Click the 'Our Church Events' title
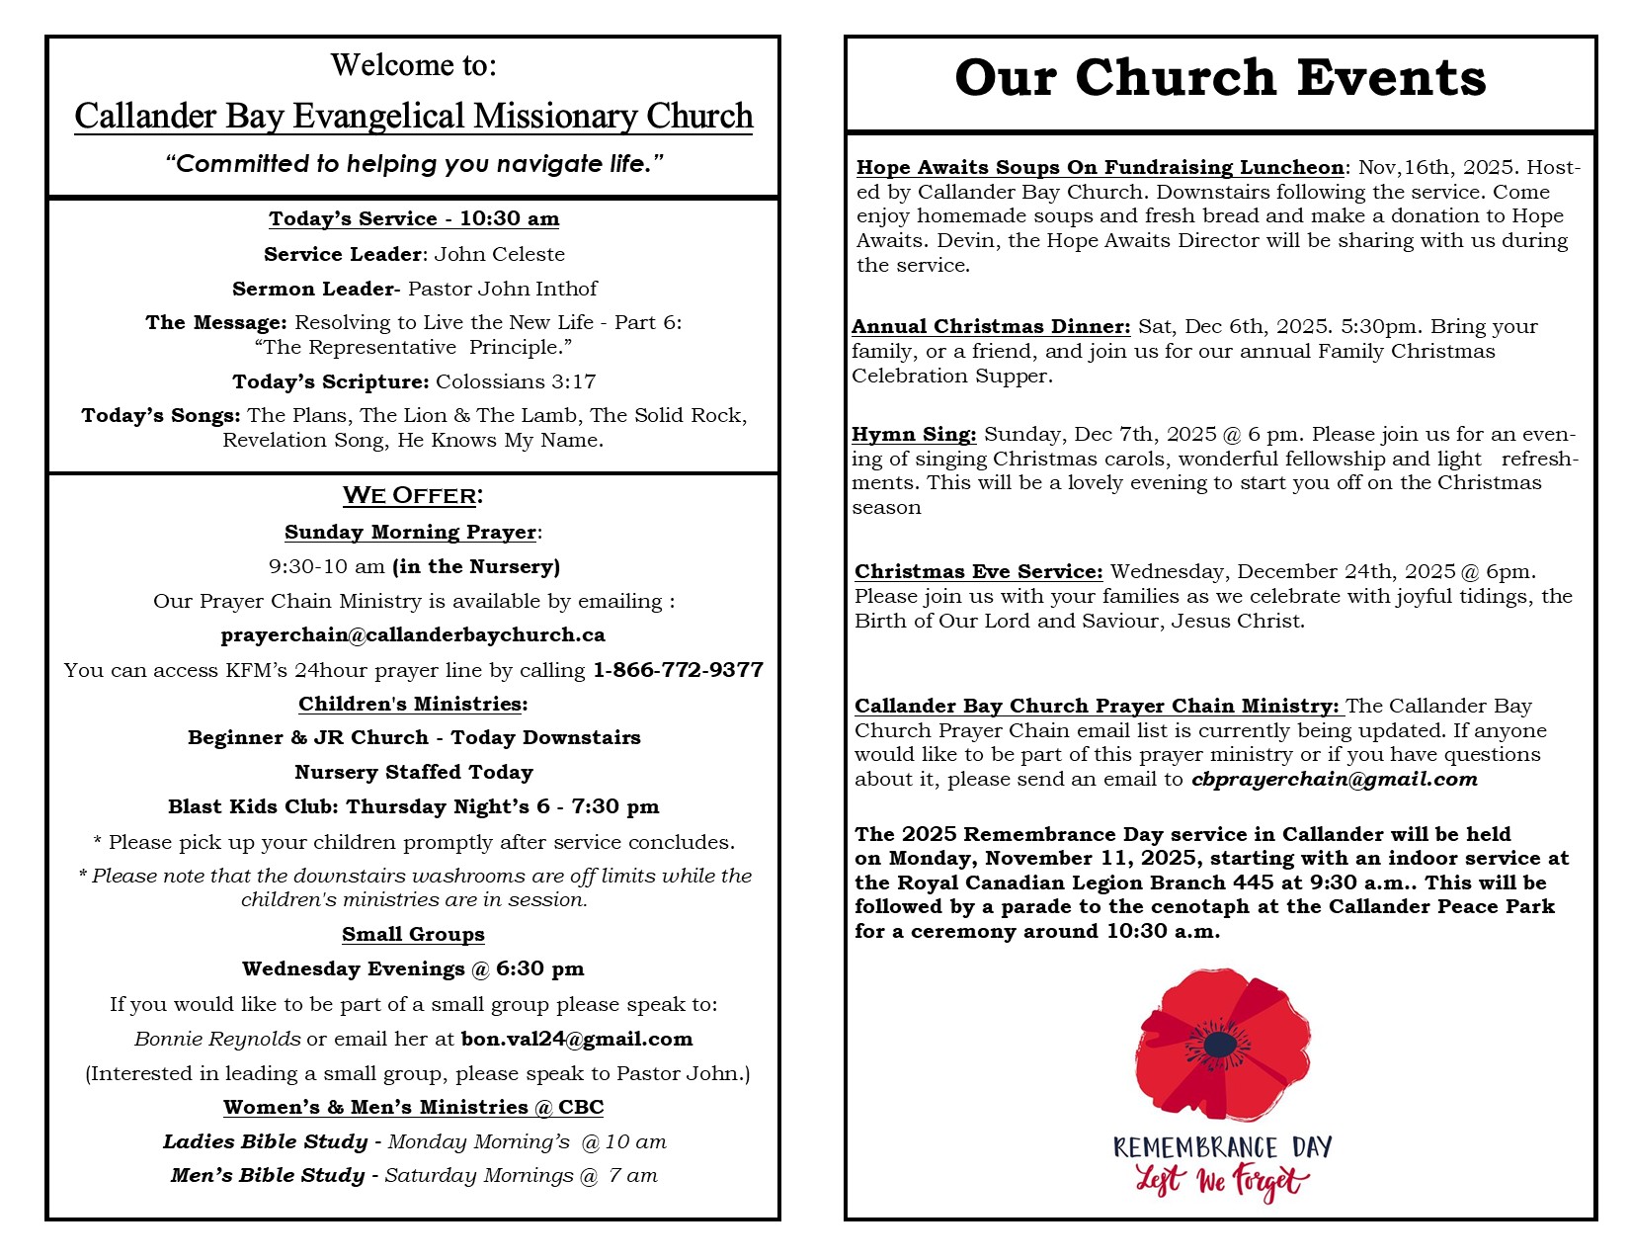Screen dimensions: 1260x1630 pos(1220,78)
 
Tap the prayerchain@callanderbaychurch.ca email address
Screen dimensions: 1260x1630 pos(413,634)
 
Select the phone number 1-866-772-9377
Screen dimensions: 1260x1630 pos(678,670)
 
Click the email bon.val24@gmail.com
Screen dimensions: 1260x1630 pos(577,1039)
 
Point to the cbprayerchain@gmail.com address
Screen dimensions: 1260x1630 pos(1335,779)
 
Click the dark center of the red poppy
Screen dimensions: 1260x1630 pos(1220,1044)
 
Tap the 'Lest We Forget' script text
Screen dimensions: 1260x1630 pos(1222,1180)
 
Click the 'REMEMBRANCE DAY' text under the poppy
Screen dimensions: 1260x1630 pos(1222,1147)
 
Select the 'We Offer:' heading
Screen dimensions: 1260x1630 pos(413,495)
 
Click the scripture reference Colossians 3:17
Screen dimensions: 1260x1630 pos(516,381)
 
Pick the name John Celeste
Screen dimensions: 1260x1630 pos(500,254)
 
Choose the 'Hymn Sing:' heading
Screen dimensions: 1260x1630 pos(914,434)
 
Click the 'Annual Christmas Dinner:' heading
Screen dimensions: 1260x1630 pos(991,326)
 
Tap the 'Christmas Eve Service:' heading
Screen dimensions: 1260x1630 pos(978,571)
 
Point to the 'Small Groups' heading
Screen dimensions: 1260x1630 pos(413,934)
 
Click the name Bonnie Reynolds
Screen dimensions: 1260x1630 pos(217,1039)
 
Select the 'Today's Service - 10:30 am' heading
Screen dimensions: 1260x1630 pos(414,218)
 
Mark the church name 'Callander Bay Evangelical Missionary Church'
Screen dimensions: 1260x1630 pos(414,117)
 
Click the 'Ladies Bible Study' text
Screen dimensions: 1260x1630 pos(265,1141)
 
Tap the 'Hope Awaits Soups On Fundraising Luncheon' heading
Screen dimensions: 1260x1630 pos(1100,167)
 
